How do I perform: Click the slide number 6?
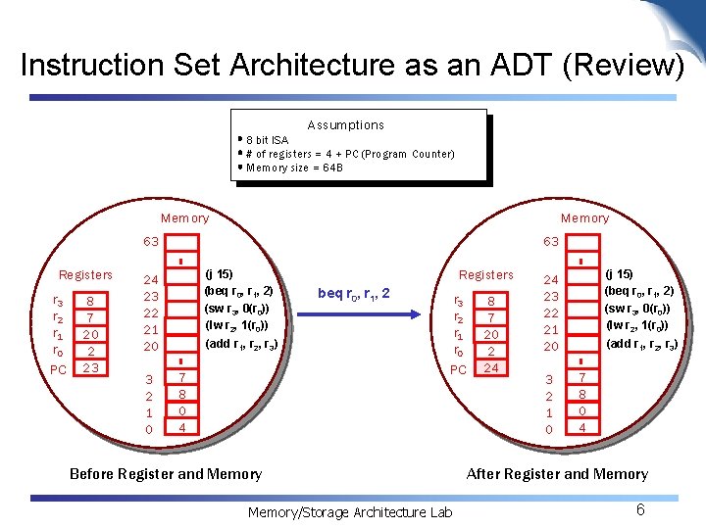click(640, 509)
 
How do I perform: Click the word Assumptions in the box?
click(345, 125)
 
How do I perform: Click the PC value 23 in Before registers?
click(89, 367)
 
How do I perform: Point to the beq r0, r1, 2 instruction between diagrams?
click(354, 293)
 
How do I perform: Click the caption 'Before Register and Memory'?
click(166, 474)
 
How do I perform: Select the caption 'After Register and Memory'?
click(557, 474)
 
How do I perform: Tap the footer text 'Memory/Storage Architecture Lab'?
click(349, 511)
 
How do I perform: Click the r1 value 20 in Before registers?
click(89, 334)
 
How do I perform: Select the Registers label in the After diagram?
click(486, 274)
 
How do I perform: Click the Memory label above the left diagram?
click(184, 217)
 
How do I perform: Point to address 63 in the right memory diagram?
click(551, 241)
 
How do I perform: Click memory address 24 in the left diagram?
click(150, 278)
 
